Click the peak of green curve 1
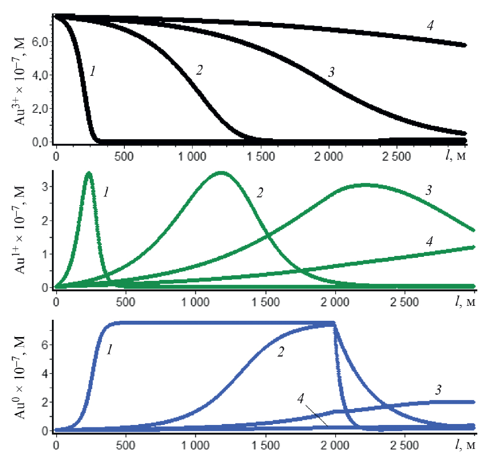pos(89,173)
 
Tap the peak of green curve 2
pos(220,173)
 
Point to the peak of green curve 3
pos(365,184)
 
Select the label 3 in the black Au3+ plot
pos(331,73)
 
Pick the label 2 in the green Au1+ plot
pos(260,194)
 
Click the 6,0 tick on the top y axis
pos(40,42)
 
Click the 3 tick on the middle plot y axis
pos(45,186)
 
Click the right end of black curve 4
pos(464,45)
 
